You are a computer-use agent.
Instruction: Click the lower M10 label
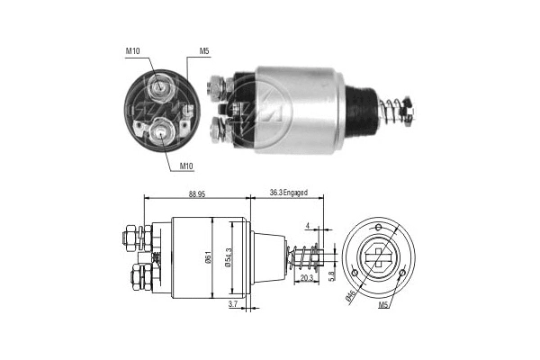(x=185, y=166)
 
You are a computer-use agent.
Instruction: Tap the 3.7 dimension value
(x=233, y=306)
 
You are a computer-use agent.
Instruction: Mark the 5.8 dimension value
(x=332, y=274)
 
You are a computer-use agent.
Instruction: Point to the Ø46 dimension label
(x=353, y=295)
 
